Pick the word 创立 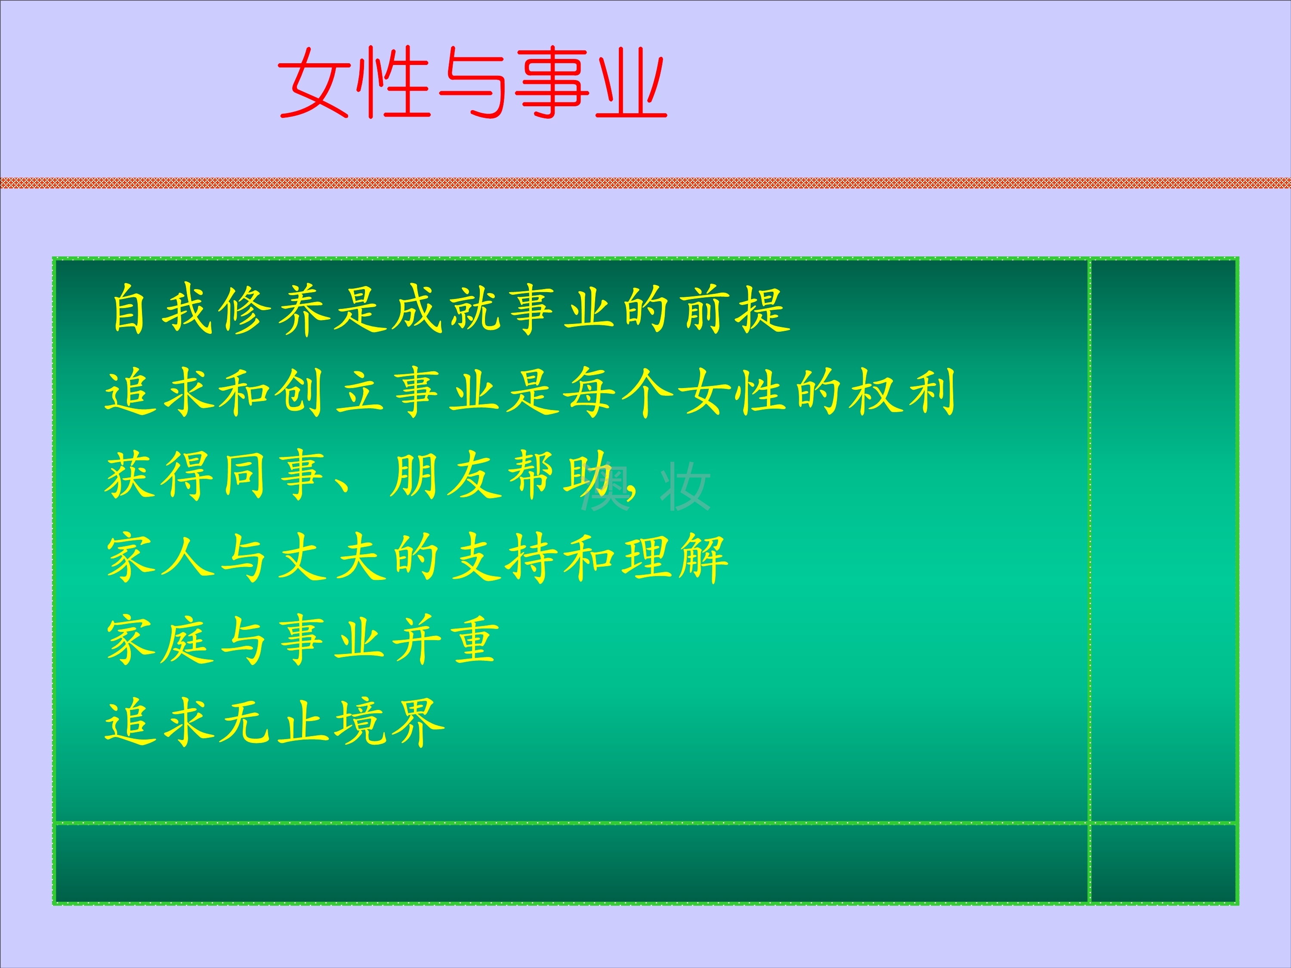tap(330, 392)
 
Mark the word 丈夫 tap(331, 558)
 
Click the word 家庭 tap(159, 641)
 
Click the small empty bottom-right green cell tap(1163, 863)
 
